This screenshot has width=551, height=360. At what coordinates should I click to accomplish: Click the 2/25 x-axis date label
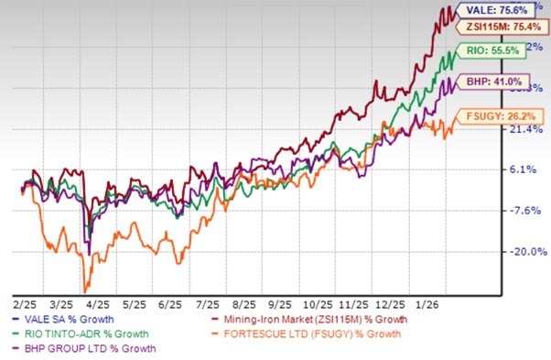(x=26, y=300)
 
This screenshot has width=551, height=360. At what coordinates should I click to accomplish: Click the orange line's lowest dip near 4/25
(x=85, y=290)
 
